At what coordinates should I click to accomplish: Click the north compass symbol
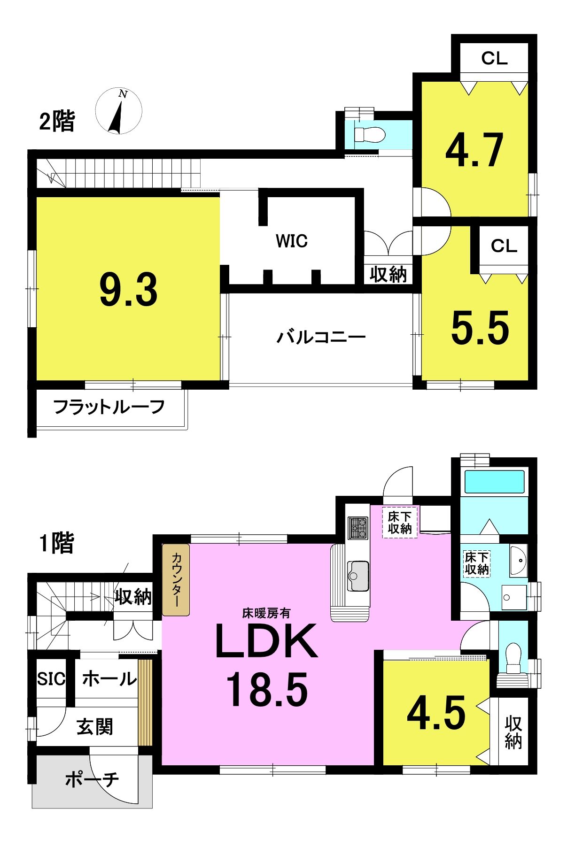(x=119, y=111)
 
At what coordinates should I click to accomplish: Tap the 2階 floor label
(x=57, y=121)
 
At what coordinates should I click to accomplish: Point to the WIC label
(x=292, y=241)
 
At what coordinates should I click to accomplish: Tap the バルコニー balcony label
(x=321, y=337)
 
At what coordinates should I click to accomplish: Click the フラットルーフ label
(x=109, y=407)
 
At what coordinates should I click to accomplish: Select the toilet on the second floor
(x=369, y=135)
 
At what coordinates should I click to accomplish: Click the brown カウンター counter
(x=176, y=580)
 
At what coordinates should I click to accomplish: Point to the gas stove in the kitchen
(x=358, y=528)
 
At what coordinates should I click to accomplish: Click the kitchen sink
(x=358, y=576)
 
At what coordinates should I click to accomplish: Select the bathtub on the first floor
(x=494, y=482)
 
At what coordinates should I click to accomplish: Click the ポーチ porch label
(x=92, y=779)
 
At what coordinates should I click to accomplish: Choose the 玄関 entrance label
(x=95, y=727)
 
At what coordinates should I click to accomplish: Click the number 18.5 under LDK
(x=267, y=689)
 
